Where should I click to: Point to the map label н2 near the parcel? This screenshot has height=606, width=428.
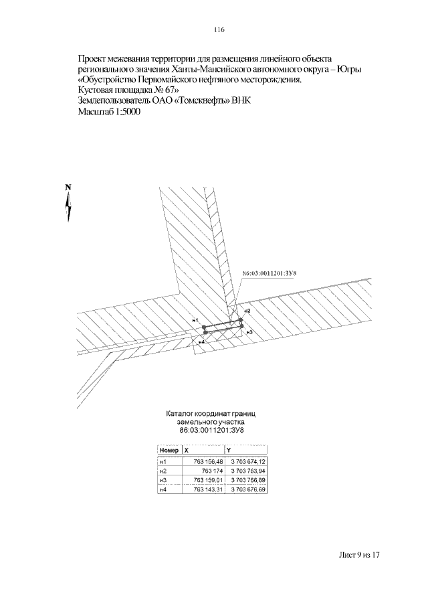[x=247, y=311]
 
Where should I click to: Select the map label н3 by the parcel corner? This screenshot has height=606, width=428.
[x=249, y=332]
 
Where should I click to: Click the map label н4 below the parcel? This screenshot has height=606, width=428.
[x=200, y=342]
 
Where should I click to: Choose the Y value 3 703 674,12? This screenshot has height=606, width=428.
[x=248, y=462]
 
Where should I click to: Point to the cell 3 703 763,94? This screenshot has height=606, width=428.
[x=248, y=471]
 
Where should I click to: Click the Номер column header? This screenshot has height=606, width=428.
[x=169, y=451]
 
